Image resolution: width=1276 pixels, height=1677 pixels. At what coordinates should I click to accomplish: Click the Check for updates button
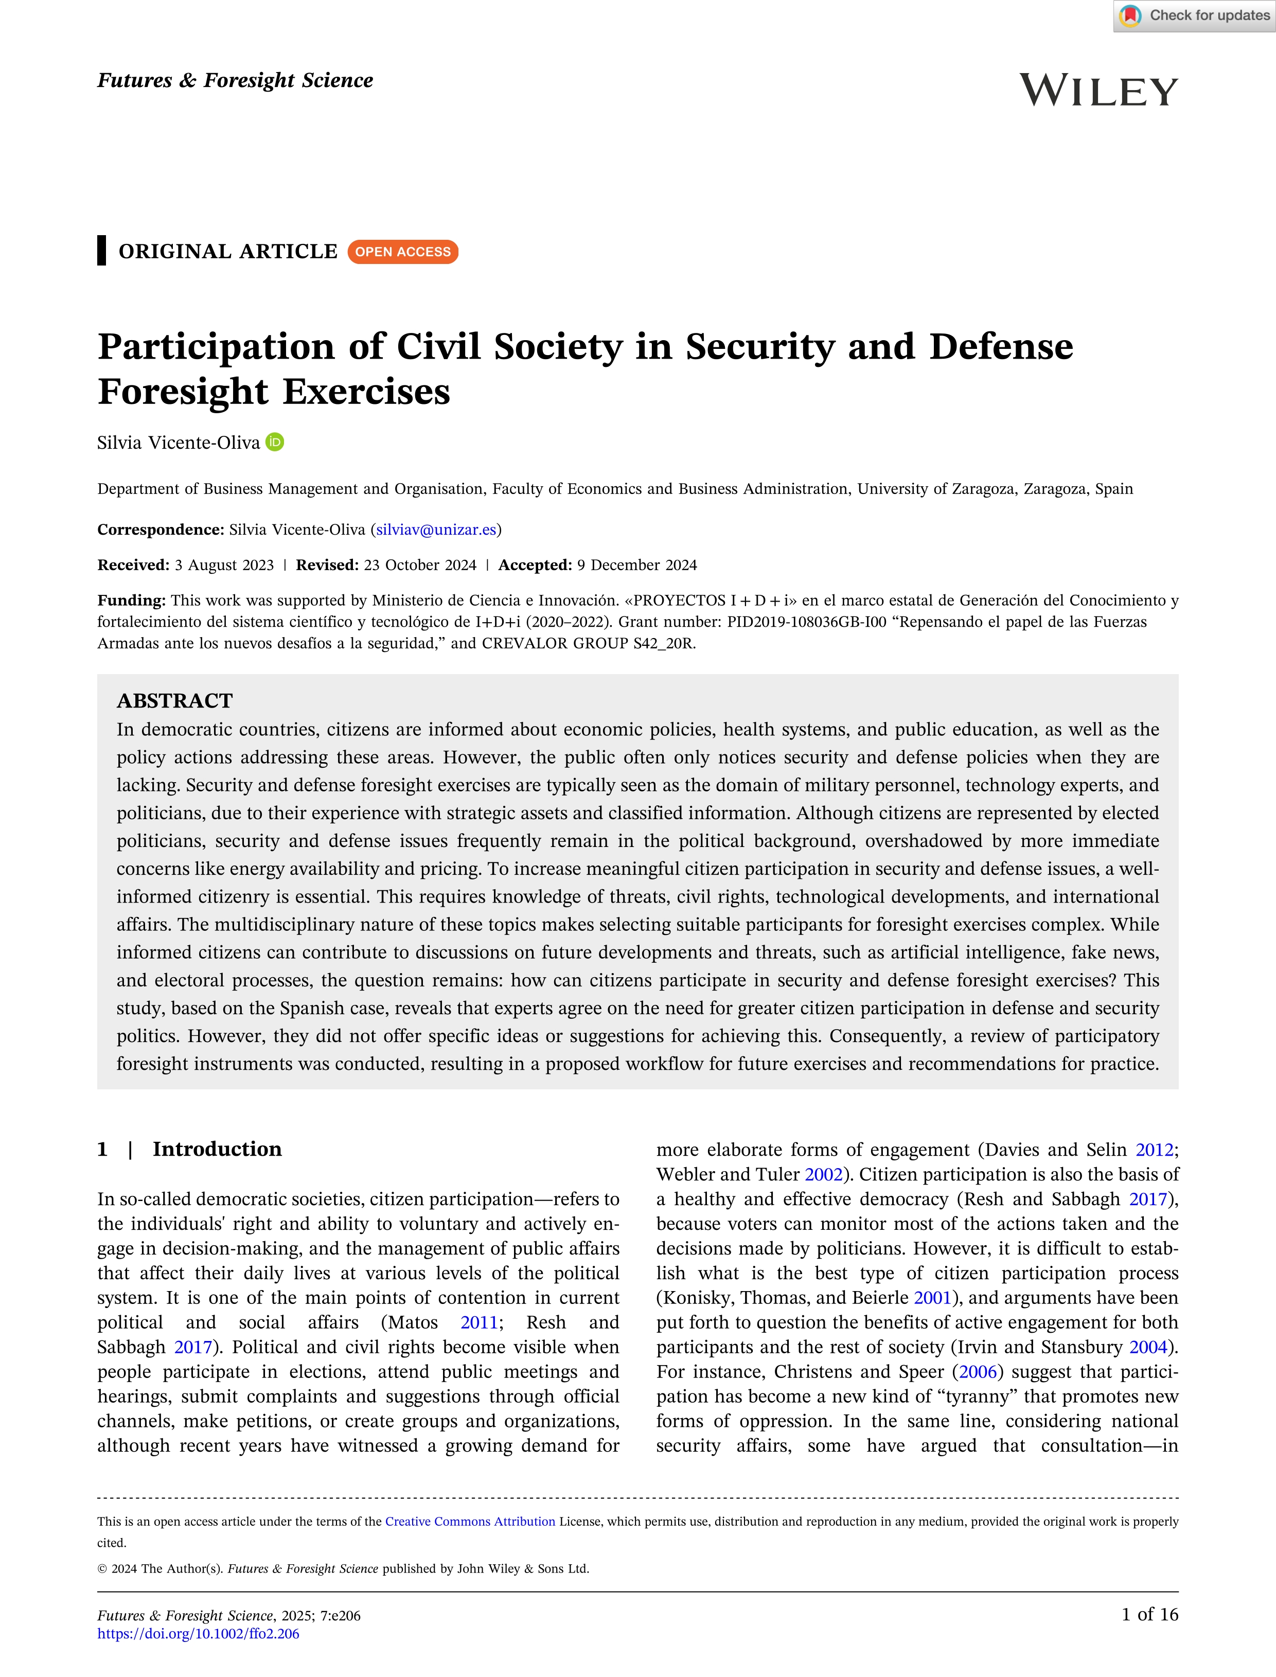tap(1194, 16)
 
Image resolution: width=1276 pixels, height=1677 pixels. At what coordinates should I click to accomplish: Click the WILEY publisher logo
tap(1098, 91)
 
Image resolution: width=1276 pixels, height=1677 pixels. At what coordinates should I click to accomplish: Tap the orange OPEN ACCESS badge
tap(402, 252)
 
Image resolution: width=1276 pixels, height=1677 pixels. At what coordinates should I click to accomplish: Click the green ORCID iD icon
tap(275, 442)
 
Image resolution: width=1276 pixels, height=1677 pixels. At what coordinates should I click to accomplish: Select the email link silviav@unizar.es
tap(436, 529)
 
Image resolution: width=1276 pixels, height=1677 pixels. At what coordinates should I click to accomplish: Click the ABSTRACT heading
tap(175, 700)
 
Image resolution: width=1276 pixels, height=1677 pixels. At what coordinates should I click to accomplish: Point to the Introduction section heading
tap(217, 1149)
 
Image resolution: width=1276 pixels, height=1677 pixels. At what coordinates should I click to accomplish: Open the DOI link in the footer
tap(198, 1634)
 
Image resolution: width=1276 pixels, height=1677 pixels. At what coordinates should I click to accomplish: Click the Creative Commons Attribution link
tap(470, 1521)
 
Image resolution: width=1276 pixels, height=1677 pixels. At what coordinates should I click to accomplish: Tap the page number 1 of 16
tap(1149, 1614)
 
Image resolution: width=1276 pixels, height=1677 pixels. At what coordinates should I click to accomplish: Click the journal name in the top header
tap(235, 80)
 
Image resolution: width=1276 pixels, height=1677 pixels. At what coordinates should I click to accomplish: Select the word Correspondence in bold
tap(159, 529)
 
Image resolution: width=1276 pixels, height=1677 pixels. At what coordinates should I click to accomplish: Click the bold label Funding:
tap(131, 600)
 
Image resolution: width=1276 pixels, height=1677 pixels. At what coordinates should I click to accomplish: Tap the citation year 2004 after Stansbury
tap(1148, 1347)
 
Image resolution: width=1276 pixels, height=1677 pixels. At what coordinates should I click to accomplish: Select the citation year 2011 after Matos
tap(478, 1322)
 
